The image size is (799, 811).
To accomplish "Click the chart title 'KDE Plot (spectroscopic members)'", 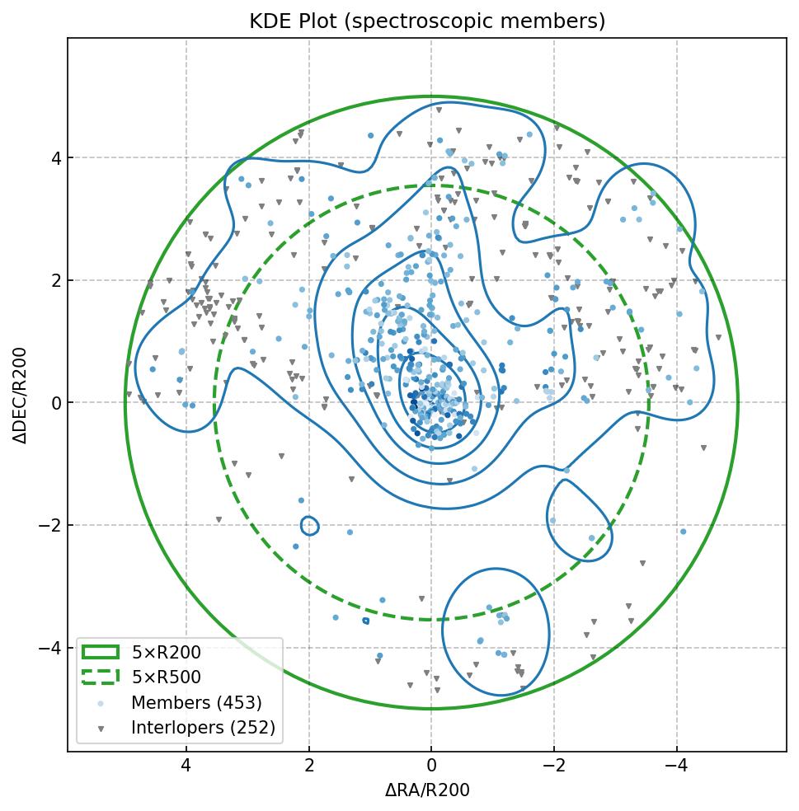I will [x=427, y=21].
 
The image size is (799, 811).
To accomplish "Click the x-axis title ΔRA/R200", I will [x=427, y=790].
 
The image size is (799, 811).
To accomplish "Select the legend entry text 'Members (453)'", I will [x=196, y=703].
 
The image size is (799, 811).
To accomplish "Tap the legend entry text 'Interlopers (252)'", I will [x=203, y=728].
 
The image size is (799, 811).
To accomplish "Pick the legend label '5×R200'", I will [x=166, y=653].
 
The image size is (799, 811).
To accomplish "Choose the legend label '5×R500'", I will [x=166, y=677].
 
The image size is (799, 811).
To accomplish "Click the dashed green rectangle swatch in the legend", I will [x=100, y=677].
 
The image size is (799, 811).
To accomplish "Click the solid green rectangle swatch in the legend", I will [x=100, y=653].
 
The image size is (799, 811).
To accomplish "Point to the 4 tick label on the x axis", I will [x=186, y=766].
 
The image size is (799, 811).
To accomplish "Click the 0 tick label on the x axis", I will [x=431, y=766].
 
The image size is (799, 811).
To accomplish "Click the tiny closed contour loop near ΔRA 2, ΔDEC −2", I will [x=309, y=526].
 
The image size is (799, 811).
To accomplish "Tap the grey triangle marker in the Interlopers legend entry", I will [x=100, y=729].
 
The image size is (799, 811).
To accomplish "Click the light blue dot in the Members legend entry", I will [x=100, y=703].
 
